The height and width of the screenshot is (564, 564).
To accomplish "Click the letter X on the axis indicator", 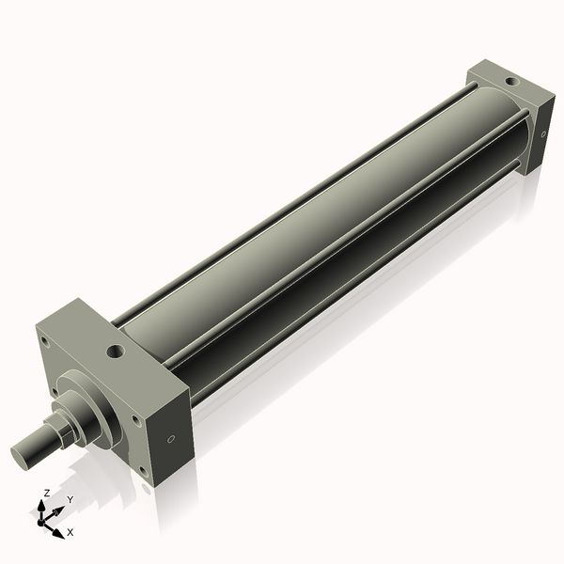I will click(x=70, y=532).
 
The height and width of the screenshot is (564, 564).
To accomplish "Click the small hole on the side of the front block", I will click(x=171, y=438).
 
